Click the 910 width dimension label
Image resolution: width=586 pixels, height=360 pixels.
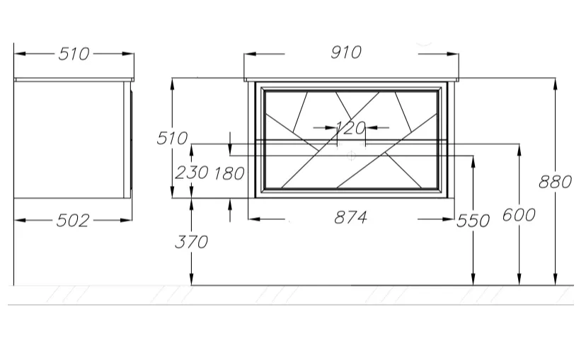(x=346, y=52)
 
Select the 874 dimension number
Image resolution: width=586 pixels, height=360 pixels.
(x=350, y=217)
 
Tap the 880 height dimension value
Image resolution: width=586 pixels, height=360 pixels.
(x=555, y=182)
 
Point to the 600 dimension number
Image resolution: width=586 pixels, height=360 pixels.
(x=519, y=215)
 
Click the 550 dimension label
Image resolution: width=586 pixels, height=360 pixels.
(x=473, y=221)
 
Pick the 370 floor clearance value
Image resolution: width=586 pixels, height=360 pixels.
(x=191, y=242)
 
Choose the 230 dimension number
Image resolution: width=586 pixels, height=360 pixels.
(x=192, y=173)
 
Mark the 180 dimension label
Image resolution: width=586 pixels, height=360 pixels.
(x=229, y=174)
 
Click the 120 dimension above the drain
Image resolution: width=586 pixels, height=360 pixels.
(x=351, y=128)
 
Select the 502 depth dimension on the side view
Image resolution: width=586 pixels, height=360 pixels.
(x=73, y=221)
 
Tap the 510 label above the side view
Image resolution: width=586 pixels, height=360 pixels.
(x=74, y=54)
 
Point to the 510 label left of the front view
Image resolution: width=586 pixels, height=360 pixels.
(x=172, y=139)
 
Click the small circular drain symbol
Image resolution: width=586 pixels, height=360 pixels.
(x=351, y=156)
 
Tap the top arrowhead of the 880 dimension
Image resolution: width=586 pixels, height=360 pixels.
(x=556, y=84)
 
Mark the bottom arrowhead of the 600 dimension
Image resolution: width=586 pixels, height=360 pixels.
(x=519, y=279)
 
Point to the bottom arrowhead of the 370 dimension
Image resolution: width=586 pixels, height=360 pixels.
(x=191, y=279)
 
